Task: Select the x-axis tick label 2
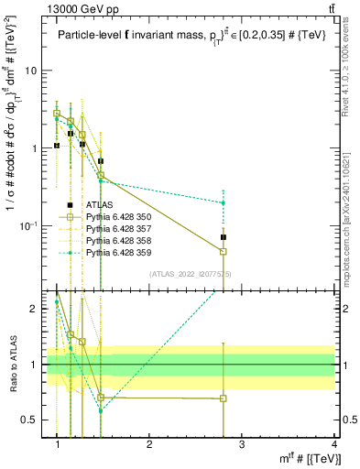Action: pyautogui.click(x=149, y=443)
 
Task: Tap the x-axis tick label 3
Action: pyautogui.click(x=242, y=443)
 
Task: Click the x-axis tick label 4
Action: pyautogui.click(x=333, y=443)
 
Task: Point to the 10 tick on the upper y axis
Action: pyautogui.click(x=31, y=71)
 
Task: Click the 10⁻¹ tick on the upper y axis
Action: pyautogui.click(x=28, y=225)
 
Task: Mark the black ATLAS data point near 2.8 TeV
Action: pyautogui.click(x=224, y=237)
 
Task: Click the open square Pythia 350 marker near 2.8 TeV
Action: pyautogui.click(x=224, y=252)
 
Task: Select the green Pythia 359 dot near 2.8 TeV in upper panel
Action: pyautogui.click(x=224, y=202)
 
